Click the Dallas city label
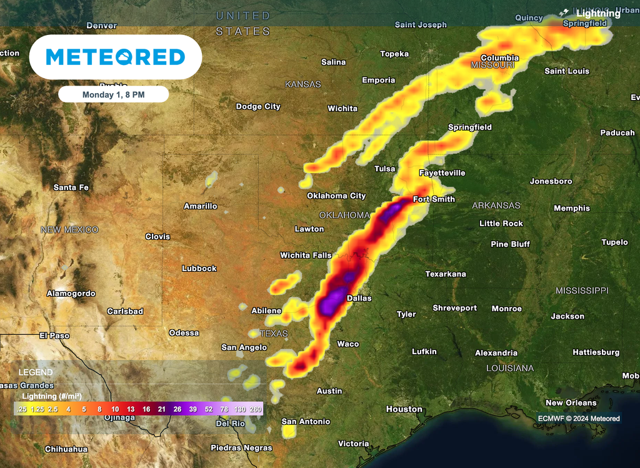click(x=359, y=298)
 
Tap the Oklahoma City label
click(x=336, y=196)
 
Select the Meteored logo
click(x=116, y=57)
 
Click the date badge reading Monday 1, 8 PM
click(x=113, y=94)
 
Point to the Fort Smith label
click(x=434, y=199)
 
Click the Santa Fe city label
click(x=71, y=187)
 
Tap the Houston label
click(x=404, y=409)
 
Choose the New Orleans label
click(x=571, y=403)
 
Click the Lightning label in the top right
click(x=597, y=13)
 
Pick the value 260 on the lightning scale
click(x=256, y=409)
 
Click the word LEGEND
click(x=36, y=372)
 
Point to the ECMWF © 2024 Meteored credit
click(x=579, y=419)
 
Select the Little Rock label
click(x=501, y=223)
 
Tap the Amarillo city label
click(x=200, y=206)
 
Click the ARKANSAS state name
click(x=496, y=206)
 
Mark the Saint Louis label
click(x=567, y=71)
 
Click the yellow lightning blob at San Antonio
click(x=289, y=431)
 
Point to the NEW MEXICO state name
click(x=69, y=230)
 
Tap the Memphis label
click(x=571, y=208)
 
